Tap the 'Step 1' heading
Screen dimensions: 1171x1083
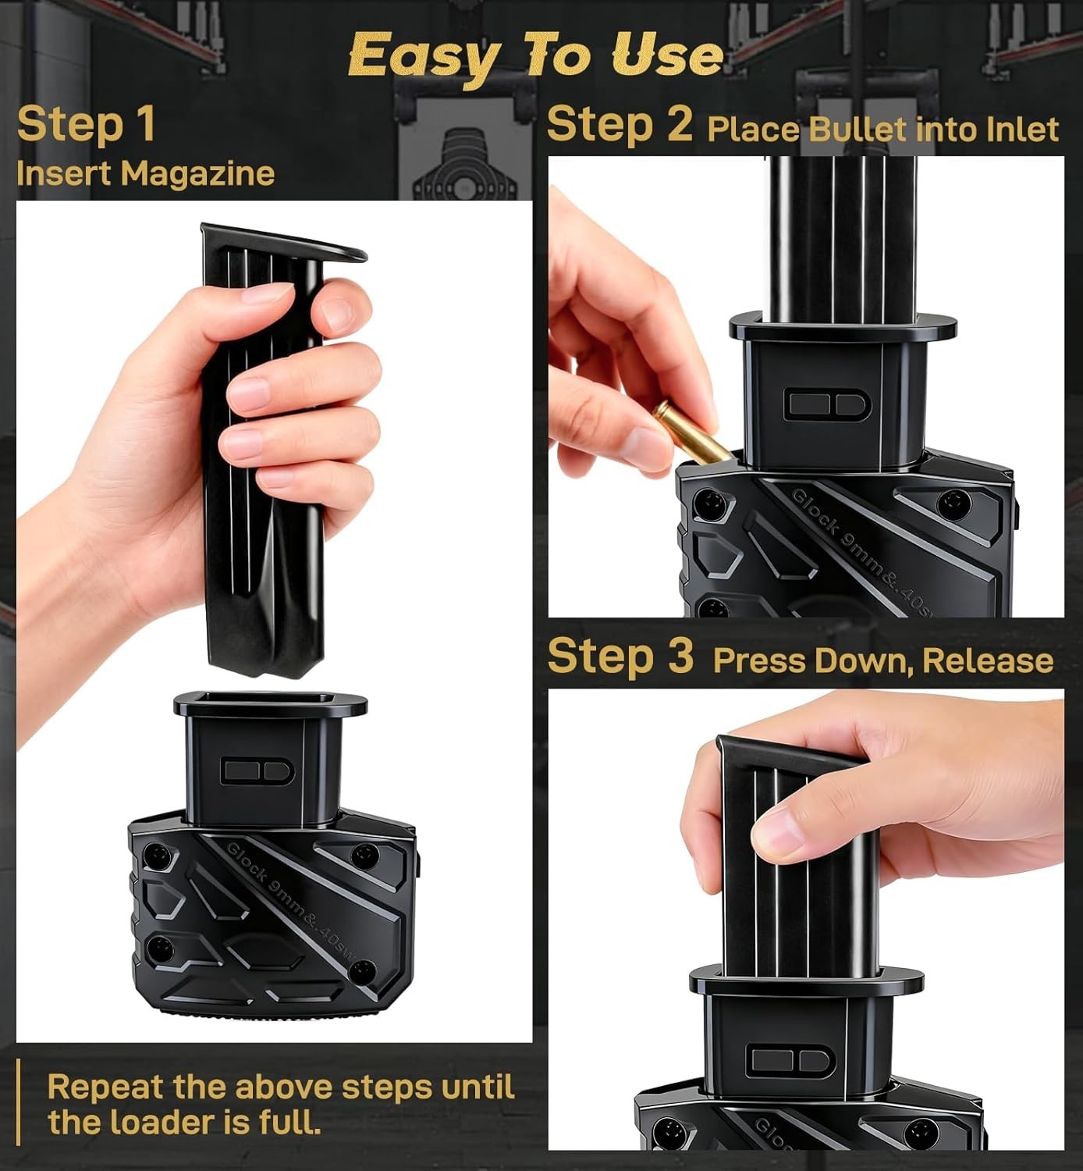click(x=86, y=124)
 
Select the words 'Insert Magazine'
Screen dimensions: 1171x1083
click(x=145, y=173)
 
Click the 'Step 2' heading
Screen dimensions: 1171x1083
click(x=620, y=124)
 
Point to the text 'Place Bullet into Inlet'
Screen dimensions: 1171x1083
click(x=882, y=130)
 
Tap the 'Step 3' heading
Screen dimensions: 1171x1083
click(x=620, y=656)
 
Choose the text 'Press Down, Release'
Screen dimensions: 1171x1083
click(x=882, y=661)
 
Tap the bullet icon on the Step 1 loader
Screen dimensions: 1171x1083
click(x=257, y=771)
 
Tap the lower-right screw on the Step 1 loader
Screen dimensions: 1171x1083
click(x=361, y=972)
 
